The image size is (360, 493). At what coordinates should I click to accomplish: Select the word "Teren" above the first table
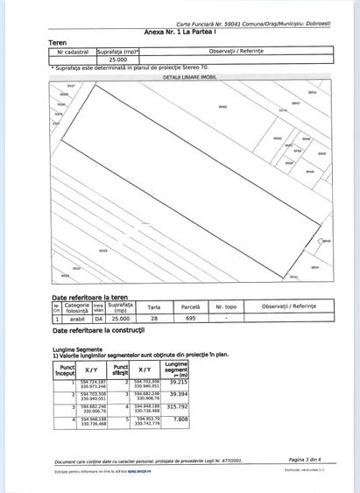(59, 41)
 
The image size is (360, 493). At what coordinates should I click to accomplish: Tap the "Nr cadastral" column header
(73, 52)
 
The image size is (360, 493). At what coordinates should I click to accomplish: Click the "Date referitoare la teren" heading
(88, 298)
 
